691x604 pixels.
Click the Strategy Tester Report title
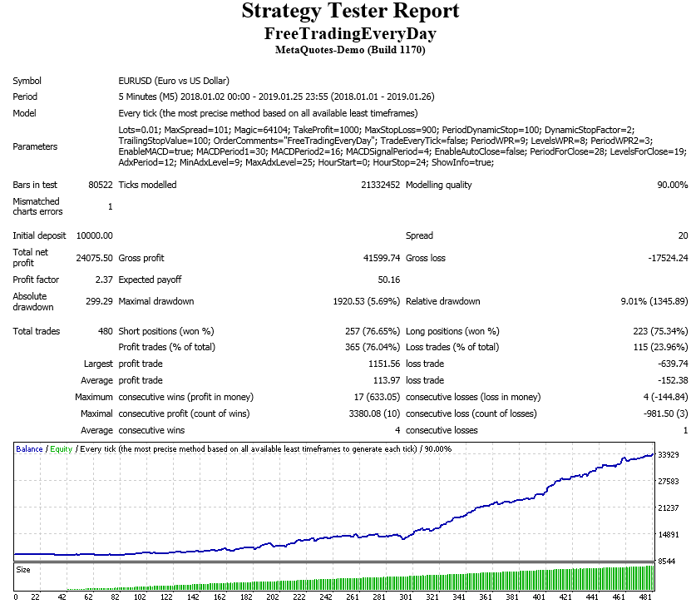pyautogui.click(x=349, y=12)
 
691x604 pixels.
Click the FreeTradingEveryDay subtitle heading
pyautogui.click(x=349, y=33)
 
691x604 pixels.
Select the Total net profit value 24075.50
pyautogui.click(x=94, y=258)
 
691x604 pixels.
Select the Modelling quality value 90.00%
pyautogui.click(x=672, y=185)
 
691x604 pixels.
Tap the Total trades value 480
pyautogui.click(x=106, y=331)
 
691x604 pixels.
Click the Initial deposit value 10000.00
pyautogui.click(x=94, y=236)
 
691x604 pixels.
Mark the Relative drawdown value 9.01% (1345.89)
pyautogui.click(x=648, y=301)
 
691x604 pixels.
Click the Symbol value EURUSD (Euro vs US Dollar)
pyautogui.click(x=173, y=82)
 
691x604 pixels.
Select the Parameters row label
pyautogui.click(x=35, y=147)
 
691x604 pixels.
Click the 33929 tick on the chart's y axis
pyautogui.click(x=669, y=455)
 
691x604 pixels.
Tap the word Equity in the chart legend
pyautogui.click(x=61, y=449)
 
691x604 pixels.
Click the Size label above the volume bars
pyautogui.click(x=23, y=570)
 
